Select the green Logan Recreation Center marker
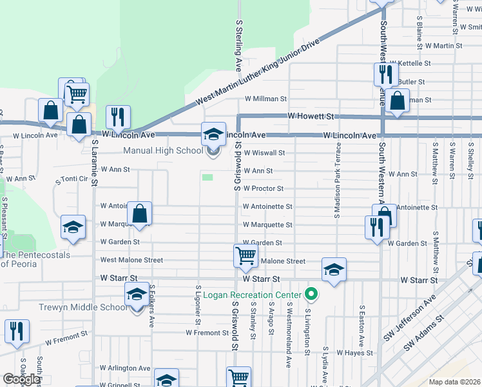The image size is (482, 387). (x=312, y=295)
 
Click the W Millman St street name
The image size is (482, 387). (x=265, y=99)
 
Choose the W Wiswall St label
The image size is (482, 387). (x=264, y=153)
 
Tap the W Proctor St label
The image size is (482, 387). (x=263, y=189)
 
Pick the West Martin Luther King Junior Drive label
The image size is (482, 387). (x=258, y=72)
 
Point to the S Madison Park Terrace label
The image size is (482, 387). (x=337, y=181)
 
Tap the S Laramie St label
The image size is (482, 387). (x=94, y=163)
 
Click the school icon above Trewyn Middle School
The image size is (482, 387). (x=136, y=295)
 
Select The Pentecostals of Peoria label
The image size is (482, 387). (x=35, y=260)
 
